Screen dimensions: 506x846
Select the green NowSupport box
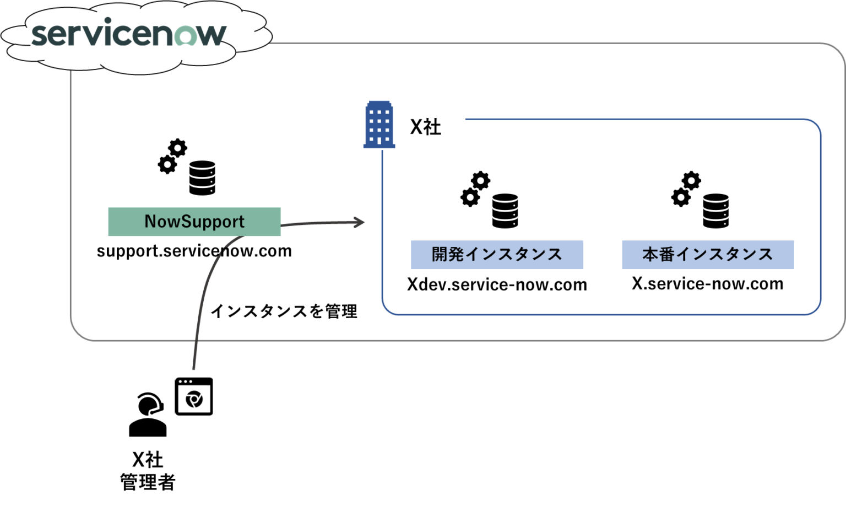[194, 222]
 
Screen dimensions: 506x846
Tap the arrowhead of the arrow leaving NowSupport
[360, 222]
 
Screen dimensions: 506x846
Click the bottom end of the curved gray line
[194, 368]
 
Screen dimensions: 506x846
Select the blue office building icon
[379, 125]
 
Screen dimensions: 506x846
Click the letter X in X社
[416, 127]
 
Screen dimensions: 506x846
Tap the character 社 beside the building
[433, 127]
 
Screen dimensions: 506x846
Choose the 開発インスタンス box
[497, 255]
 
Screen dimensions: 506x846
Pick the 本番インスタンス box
[707, 255]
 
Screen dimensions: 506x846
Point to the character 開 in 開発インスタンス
[440, 254]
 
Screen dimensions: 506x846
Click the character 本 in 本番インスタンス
[650, 254]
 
